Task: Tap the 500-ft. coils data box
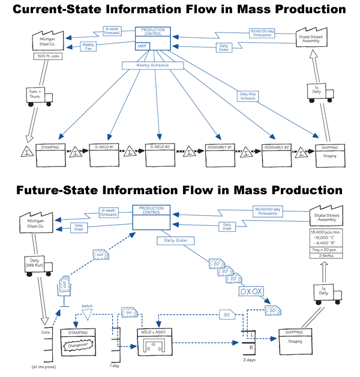tap(47, 57)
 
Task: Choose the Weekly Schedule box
tap(153, 65)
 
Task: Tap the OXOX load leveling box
tap(251, 291)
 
